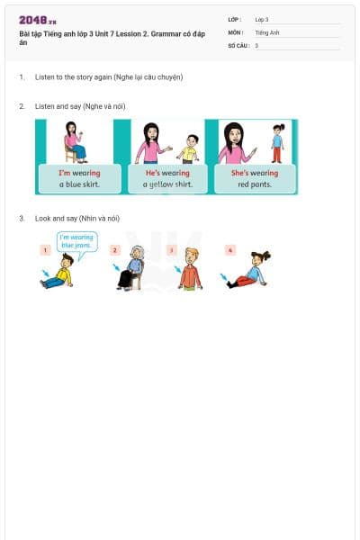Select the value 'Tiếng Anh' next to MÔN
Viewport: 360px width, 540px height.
[x=267, y=32]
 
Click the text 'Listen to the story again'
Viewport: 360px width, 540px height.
[x=73, y=77]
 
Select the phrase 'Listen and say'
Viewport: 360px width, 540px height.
[x=56, y=106]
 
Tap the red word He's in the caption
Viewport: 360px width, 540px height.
[x=152, y=173]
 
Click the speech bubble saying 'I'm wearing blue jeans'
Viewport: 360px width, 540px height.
[x=76, y=241]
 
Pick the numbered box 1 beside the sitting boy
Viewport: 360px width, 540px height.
[x=45, y=249]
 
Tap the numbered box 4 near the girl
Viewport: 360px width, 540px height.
[x=230, y=249]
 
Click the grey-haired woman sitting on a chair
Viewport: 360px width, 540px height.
[x=133, y=267]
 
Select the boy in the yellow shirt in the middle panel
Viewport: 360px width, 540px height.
[x=188, y=148]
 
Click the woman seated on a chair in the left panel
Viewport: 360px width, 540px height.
[x=72, y=142]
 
